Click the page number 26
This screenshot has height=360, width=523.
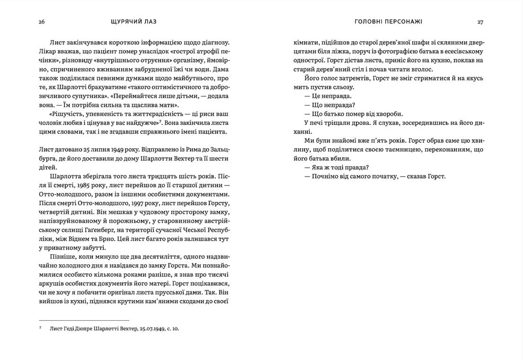(42, 22)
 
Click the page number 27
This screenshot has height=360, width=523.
(480, 22)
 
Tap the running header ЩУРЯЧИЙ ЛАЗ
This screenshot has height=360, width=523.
(133, 22)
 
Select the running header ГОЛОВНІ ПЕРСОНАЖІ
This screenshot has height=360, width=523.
(389, 22)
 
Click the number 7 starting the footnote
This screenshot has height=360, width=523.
(40, 327)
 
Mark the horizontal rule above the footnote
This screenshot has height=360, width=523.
(84, 320)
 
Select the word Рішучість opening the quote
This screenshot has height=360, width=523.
(67, 114)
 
